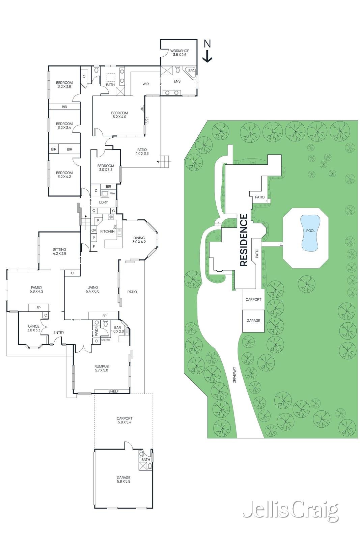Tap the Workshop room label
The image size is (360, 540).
pos(179,53)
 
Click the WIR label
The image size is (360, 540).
pos(146,84)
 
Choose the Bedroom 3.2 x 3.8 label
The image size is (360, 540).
pos(64,85)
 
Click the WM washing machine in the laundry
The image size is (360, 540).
pos(112,194)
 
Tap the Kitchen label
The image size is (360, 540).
pos(107,232)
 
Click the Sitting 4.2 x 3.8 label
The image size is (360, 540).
pos(59,251)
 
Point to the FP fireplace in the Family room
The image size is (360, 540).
pos(38,308)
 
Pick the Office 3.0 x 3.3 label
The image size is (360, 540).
pos(34,328)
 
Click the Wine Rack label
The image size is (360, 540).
pos(106,340)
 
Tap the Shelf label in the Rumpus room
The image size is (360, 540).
pos(113,391)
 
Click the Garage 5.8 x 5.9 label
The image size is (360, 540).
pos(123,480)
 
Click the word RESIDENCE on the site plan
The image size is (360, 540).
pos(244,240)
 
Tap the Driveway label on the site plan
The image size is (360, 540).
pos(235,375)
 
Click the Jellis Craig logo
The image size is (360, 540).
pos(290,510)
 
